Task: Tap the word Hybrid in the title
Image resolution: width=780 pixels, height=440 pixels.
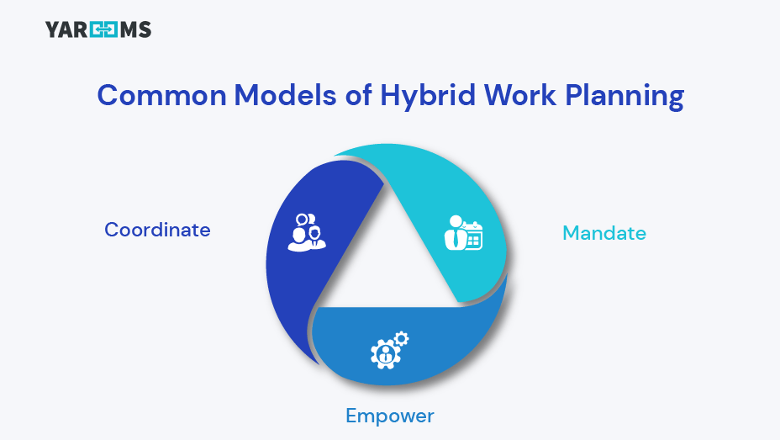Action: tap(428, 96)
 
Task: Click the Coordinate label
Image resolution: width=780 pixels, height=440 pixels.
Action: tap(157, 230)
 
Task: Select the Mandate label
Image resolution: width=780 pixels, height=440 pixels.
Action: tap(604, 232)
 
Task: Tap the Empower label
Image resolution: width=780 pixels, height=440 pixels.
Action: tap(390, 416)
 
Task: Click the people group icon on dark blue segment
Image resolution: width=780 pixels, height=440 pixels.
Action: tap(306, 232)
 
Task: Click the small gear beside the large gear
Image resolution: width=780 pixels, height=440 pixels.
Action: tap(401, 338)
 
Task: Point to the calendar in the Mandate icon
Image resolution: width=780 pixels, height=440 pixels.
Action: tap(473, 239)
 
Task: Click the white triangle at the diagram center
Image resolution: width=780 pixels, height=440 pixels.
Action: tap(387, 252)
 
